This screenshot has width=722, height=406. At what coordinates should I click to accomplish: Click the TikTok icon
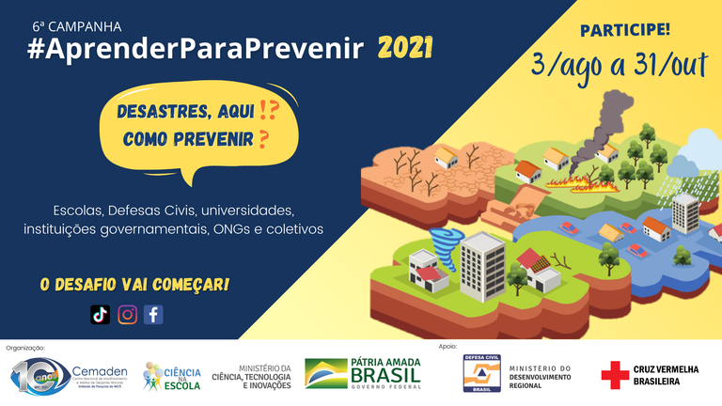pos(101,315)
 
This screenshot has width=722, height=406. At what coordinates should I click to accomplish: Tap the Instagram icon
pos(127,315)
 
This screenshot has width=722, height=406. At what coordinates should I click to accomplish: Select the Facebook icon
pos(152,315)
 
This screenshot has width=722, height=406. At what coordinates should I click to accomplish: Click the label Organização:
pos(25,347)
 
